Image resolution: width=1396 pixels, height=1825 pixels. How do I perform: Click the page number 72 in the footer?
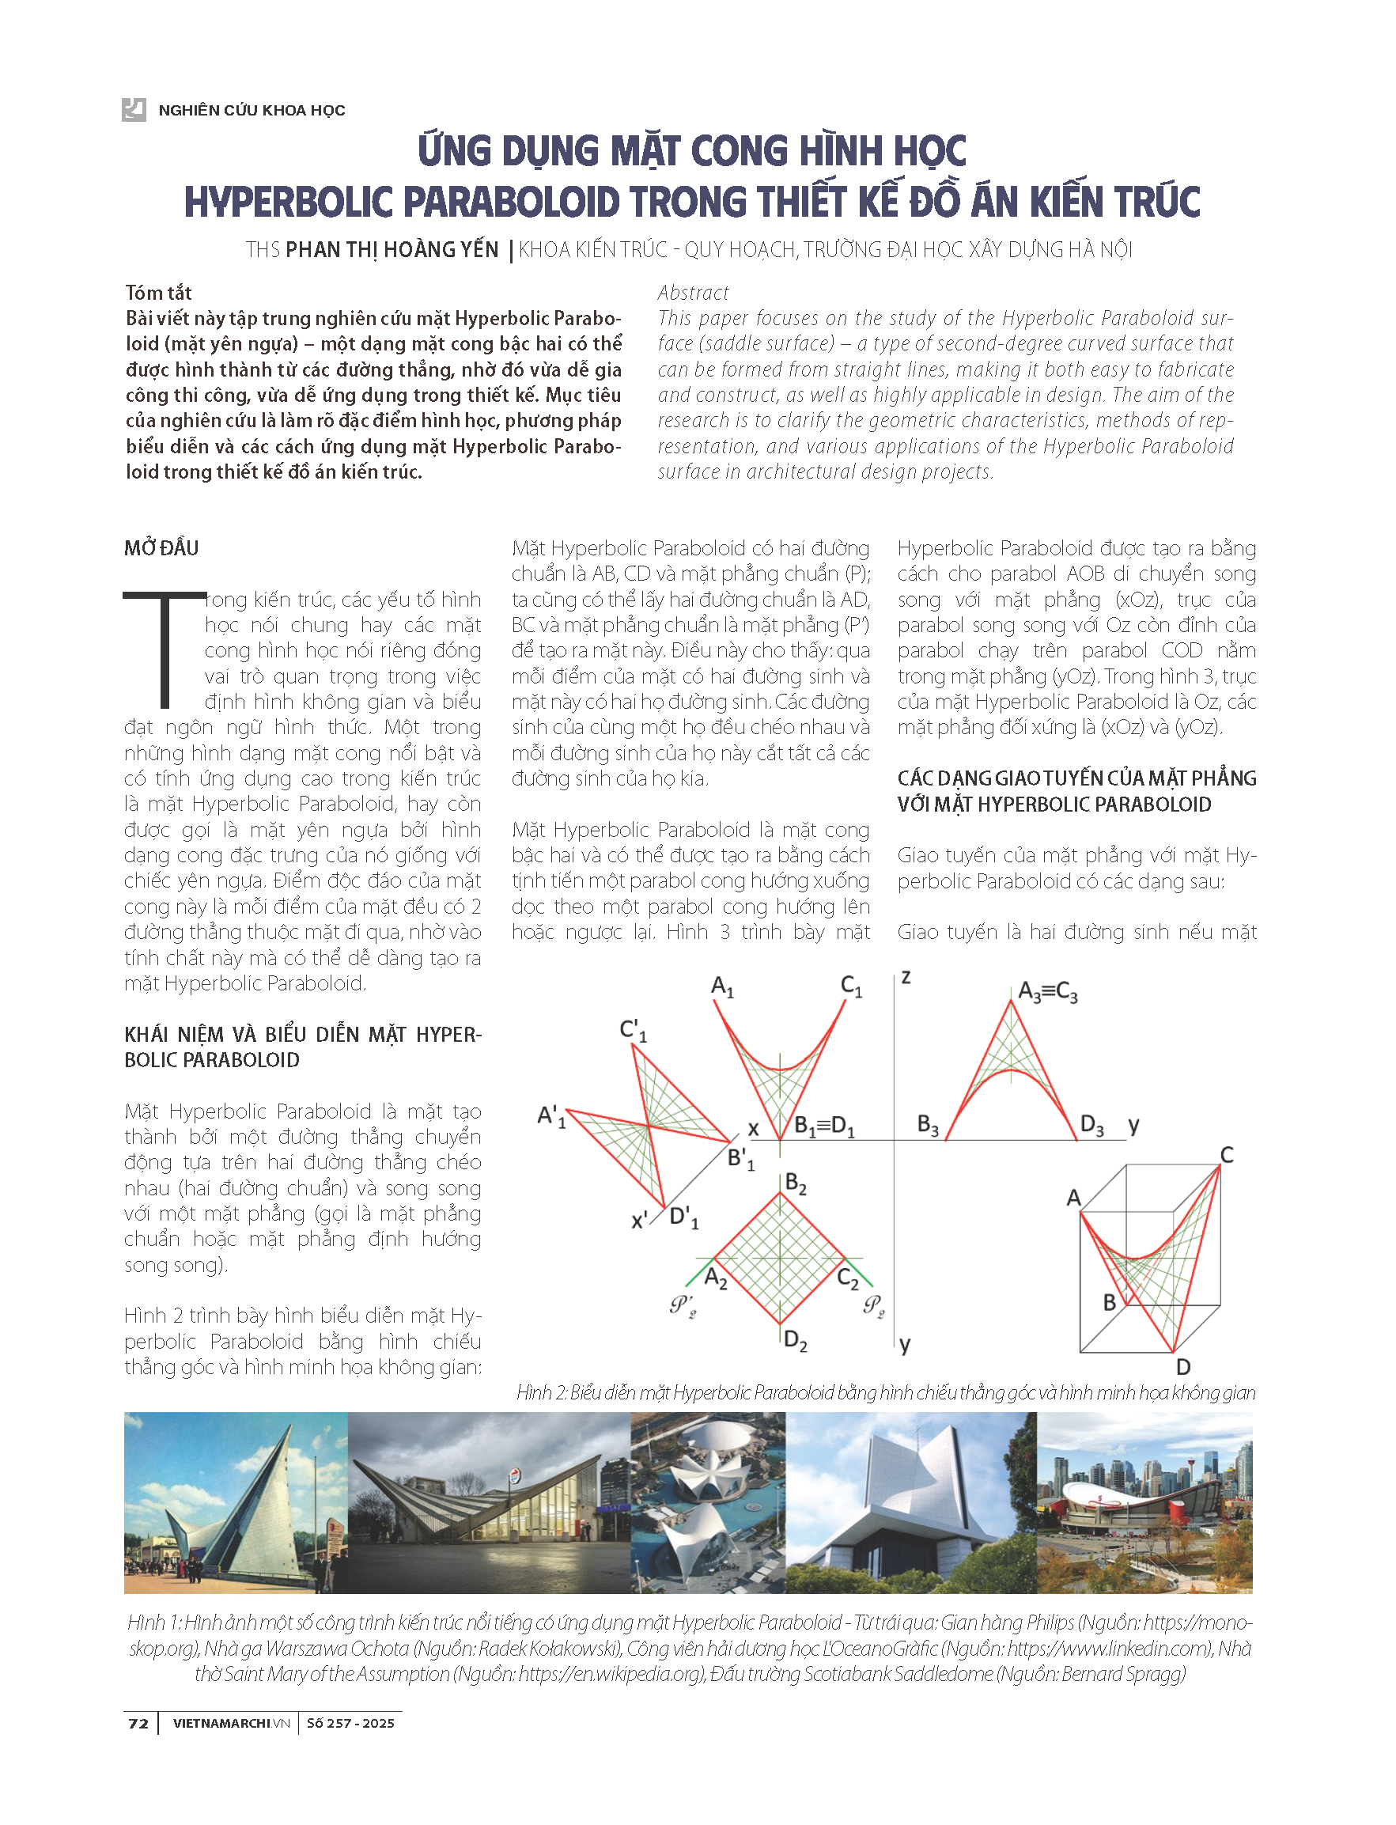138,1723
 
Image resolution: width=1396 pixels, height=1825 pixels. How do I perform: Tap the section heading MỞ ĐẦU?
161,548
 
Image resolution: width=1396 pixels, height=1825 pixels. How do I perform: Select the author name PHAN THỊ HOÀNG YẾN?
392,249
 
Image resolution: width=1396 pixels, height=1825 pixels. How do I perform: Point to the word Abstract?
693,293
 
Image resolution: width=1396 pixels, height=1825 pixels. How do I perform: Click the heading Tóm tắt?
159,293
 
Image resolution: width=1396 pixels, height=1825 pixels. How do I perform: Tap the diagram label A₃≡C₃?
1047,991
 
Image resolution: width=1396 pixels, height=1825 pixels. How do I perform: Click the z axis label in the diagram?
906,977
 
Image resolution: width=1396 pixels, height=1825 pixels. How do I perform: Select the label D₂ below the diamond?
795,1341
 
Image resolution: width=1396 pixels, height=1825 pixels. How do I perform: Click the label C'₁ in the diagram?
634,1031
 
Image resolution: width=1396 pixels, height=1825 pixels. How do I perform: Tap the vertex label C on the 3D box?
1227,1154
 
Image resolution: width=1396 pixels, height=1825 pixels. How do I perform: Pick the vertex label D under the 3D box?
1183,1367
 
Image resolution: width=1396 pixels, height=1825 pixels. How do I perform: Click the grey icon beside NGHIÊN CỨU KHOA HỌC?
134,110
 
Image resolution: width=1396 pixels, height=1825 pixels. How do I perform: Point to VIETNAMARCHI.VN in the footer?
231,1723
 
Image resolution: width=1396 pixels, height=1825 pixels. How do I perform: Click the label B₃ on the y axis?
927,1124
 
